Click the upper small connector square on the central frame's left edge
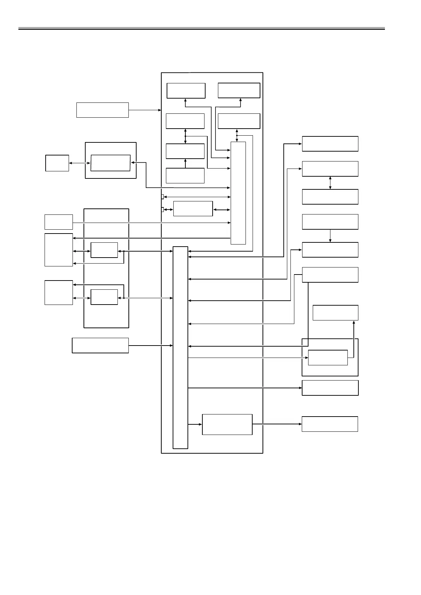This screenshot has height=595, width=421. (162, 196)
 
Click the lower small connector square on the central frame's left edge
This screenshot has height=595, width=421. (162, 210)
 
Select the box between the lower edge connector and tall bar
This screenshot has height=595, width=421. (193, 208)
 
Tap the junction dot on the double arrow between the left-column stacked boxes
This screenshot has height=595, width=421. (185, 136)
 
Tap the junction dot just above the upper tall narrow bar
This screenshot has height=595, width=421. (237, 135)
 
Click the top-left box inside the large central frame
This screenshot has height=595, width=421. (186, 90)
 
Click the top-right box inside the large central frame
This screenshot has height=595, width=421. (239, 90)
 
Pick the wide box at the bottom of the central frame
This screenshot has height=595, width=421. (227, 424)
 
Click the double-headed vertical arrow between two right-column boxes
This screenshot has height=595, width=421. (330, 183)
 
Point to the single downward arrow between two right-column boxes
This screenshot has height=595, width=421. (330, 236)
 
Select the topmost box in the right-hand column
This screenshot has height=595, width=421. (330, 143)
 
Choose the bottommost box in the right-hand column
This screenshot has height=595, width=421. (330, 424)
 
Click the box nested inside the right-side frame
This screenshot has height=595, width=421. (328, 358)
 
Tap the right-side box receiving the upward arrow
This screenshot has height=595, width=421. (335, 313)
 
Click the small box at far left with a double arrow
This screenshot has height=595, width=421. (57, 163)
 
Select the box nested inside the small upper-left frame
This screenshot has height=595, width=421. (110, 163)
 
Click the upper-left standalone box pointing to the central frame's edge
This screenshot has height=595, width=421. (102, 110)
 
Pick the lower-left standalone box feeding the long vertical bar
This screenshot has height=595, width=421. (100, 345)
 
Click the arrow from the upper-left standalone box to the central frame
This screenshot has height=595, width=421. (145, 110)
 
